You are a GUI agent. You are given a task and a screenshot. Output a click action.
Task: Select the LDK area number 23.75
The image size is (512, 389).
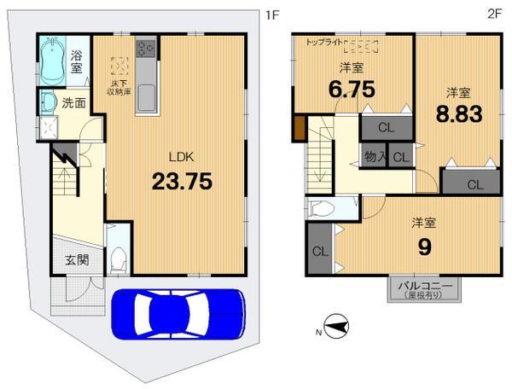(x=182, y=181)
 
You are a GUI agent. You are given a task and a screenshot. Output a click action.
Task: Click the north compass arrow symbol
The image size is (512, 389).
(x=335, y=326)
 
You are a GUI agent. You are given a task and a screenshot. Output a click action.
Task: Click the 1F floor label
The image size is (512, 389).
(x=271, y=14)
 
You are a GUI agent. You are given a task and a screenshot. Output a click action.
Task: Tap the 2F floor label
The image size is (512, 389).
(x=494, y=14)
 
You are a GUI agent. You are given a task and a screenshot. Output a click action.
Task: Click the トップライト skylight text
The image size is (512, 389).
(x=328, y=40)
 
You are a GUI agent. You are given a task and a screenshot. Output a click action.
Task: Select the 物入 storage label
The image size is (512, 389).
(x=374, y=157)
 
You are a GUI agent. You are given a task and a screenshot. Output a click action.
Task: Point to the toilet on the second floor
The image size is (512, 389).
(x=323, y=210)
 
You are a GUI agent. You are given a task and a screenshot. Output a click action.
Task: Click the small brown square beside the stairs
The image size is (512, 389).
(x=300, y=131)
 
